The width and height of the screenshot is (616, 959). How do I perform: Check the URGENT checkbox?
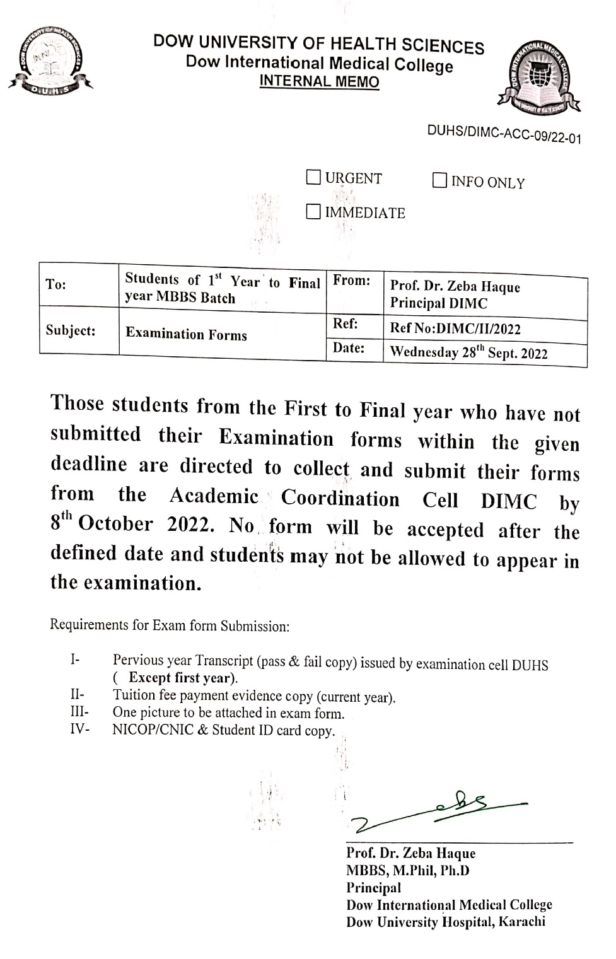click(x=313, y=177)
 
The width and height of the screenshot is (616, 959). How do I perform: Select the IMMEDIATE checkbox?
click(x=313, y=211)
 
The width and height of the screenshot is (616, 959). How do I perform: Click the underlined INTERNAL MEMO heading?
click(x=319, y=81)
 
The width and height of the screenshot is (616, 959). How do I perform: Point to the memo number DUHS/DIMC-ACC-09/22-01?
click(x=504, y=134)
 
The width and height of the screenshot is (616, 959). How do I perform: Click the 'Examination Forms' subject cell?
click(x=186, y=334)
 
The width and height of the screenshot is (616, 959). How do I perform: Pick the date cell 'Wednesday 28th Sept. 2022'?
click(x=468, y=352)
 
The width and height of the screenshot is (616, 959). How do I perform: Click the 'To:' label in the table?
click(x=56, y=284)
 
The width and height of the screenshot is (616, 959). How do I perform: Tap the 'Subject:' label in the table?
click(x=71, y=330)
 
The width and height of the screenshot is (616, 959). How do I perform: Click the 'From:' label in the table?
click(x=351, y=281)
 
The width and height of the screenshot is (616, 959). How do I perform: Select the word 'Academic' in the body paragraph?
click(x=214, y=496)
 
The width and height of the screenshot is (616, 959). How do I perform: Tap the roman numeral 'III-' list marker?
click(x=79, y=712)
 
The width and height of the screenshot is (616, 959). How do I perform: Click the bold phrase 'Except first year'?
click(x=182, y=678)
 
